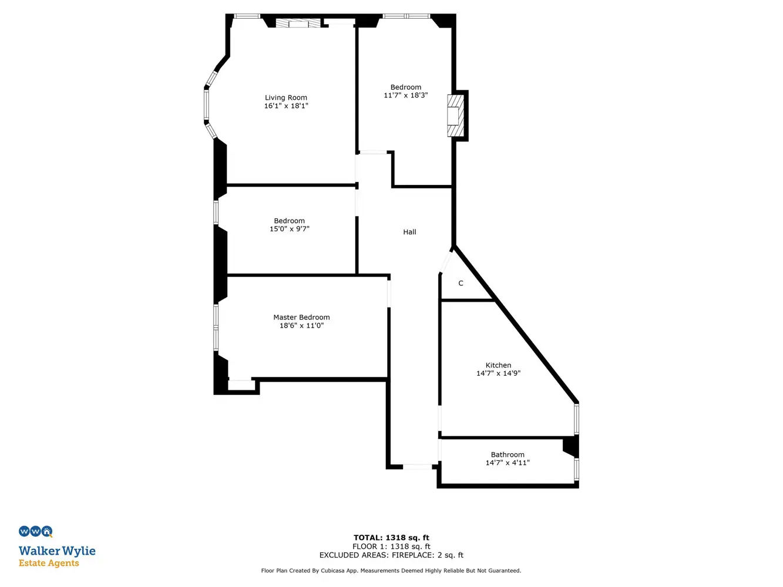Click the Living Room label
click(285, 97)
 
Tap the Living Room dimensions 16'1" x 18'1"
click(286, 106)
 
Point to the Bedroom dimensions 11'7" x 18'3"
click(405, 95)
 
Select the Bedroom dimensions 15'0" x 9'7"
click(290, 229)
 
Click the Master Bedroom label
click(301, 317)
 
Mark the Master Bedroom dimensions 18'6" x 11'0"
click(301, 325)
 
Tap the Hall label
click(409, 232)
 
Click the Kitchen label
click(498, 365)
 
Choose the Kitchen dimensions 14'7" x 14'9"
click(498, 373)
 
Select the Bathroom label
click(508, 455)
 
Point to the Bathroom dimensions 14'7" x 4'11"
click(508, 463)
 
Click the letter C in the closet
click(461, 284)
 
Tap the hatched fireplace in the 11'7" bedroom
click(456, 116)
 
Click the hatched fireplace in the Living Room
click(298, 23)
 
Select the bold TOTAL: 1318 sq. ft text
click(391, 538)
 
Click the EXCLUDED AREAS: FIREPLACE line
click(391, 555)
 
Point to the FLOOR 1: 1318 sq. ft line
click(391, 546)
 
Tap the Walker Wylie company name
click(57, 551)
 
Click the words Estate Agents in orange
click(49, 563)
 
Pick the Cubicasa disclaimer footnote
click(391, 571)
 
